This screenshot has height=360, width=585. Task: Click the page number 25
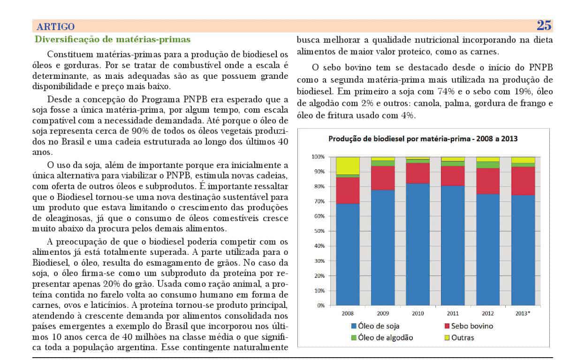click(x=544, y=26)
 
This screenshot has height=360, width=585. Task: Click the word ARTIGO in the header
click(x=56, y=27)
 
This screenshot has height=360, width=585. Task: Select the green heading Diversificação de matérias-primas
click(x=113, y=39)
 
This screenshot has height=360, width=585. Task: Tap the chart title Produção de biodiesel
click(x=423, y=139)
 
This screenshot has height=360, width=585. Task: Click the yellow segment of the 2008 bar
click(x=348, y=166)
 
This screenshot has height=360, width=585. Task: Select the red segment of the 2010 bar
click(x=418, y=173)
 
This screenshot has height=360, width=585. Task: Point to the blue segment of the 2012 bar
click(x=488, y=250)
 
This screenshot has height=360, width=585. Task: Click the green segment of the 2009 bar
click(x=383, y=163)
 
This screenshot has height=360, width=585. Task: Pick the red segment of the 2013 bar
click(x=523, y=181)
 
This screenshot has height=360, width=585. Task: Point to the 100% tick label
click(x=318, y=157)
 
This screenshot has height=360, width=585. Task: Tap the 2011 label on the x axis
click(x=453, y=314)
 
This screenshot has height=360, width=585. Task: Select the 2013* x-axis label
click(x=523, y=314)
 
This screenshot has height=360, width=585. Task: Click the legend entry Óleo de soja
click(x=375, y=326)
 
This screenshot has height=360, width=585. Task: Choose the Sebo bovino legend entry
click(x=469, y=326)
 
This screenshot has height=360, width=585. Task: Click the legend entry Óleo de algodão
click(x=382, y=337)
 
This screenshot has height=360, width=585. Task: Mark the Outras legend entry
click(x=459, y=337)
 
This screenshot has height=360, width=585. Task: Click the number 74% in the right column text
click(x=446, y=92)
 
